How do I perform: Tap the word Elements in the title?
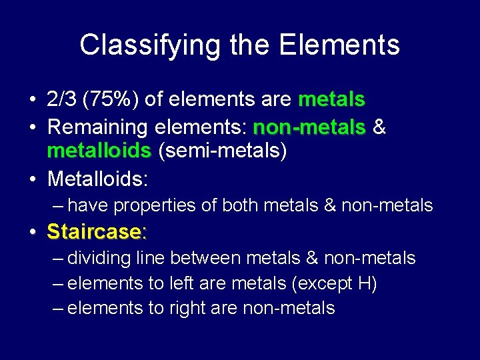click(x=339, y=45)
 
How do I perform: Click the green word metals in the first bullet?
click(x=331, y=100)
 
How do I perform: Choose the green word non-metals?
click(x=309, y=126)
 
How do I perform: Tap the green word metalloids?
click(x=99, y=151)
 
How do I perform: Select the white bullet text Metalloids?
click(x=97, y=179)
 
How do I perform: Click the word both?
click(x=239, y=206)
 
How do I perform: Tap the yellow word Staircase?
click(x=94, y=232)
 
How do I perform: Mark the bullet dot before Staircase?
click(x=33, y=232)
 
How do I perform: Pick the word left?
click(x=173, y=284)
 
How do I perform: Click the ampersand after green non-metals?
click(x=379, y=126)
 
